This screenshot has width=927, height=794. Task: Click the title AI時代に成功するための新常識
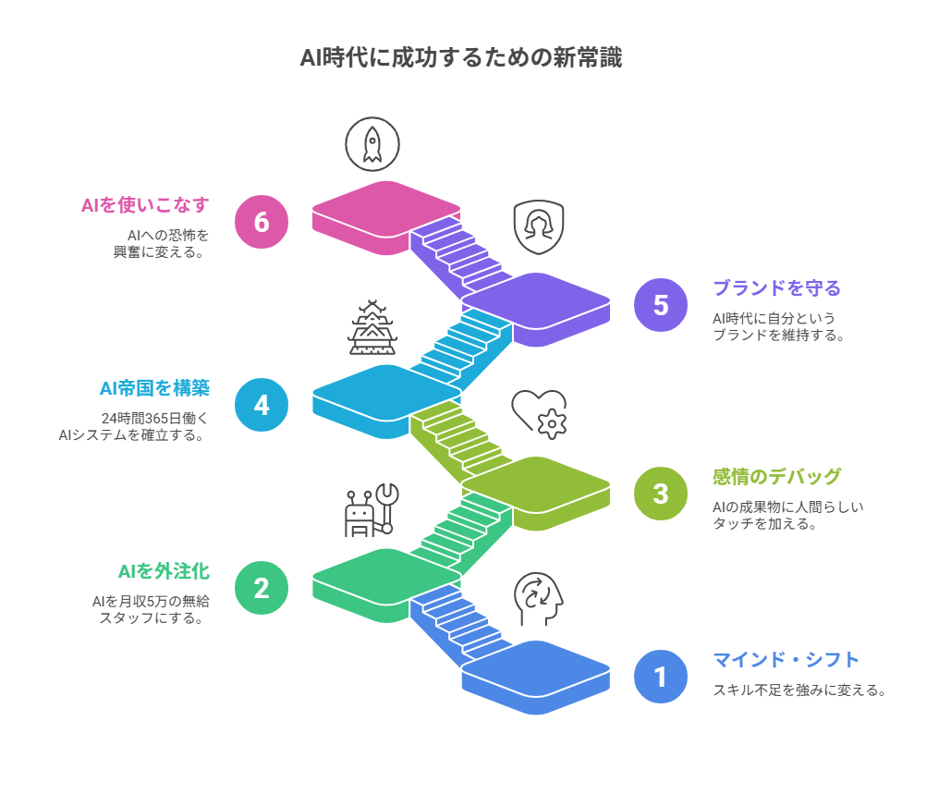(461, 58)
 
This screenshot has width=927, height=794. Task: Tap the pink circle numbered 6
(262, 222)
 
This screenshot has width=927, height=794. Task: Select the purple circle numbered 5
(661, 305)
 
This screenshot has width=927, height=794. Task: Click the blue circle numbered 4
(262, 405)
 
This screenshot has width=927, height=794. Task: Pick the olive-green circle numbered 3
(661, 494)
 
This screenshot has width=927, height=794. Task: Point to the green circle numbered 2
(262, 588)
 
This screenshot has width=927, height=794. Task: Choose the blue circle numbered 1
(661, 677)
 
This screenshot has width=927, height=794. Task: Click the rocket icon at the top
(372, 144)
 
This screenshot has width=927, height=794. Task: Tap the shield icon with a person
(538, 226)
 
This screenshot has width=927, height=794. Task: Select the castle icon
(372, 327)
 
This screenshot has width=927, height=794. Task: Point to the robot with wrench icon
(371, 510)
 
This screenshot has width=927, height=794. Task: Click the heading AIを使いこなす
(145, 205)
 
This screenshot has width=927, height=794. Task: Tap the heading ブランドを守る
(776, 288)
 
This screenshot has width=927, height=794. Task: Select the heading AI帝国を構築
(154, 388)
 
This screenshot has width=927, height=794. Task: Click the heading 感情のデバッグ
(776, 477)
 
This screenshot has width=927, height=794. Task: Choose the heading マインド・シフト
(786, 660)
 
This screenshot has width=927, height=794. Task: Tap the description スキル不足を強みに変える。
(799, 690)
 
